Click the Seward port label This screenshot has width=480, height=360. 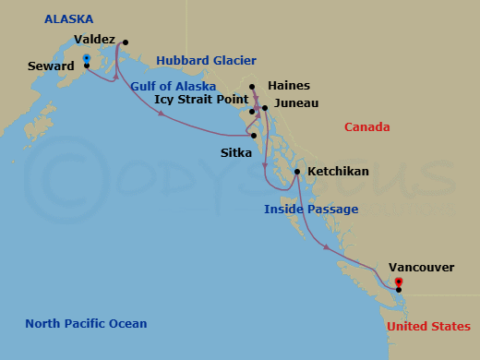point(51,66)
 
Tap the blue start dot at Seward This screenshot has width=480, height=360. point(86,59)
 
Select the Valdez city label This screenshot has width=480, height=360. point(94,41)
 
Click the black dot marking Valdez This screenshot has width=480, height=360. point(125,42)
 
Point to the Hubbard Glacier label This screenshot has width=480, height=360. point(206,60)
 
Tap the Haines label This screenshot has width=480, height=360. point(288,85)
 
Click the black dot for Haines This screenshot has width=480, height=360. point(251,89)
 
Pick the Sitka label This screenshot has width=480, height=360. point(236,152)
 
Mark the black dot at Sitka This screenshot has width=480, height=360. point(254,136)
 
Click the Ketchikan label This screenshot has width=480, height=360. point(338,172)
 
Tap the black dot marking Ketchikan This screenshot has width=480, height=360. point(296,172)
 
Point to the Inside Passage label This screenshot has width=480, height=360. point(311,210)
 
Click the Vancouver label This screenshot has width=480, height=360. point(421,267)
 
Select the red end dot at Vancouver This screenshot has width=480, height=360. point(398,282)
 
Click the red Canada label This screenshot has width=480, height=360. point(367,127)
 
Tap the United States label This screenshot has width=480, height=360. point(428,327)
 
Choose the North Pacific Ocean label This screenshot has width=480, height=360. point(86,323)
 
